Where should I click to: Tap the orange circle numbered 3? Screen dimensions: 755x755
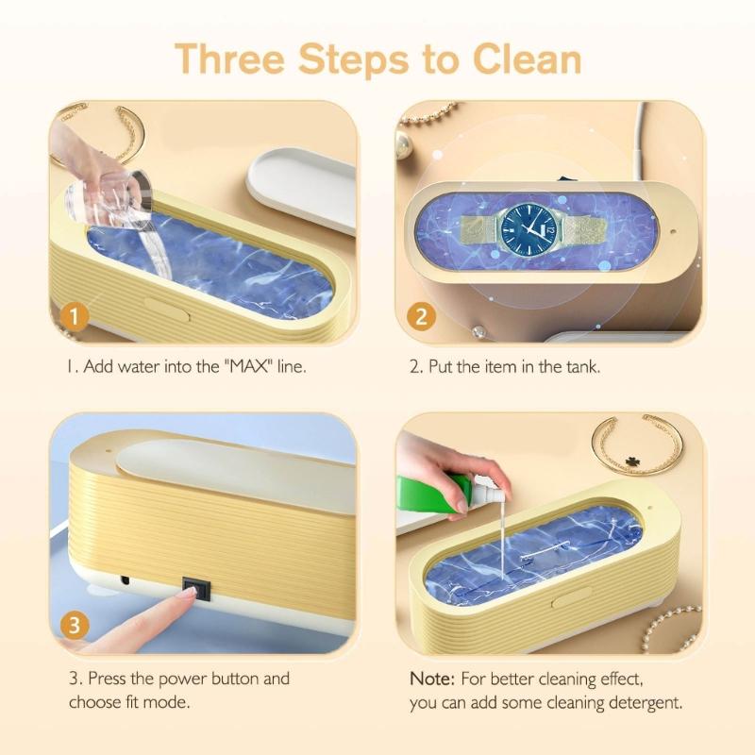pyautogui.click(x=75, y=625)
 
